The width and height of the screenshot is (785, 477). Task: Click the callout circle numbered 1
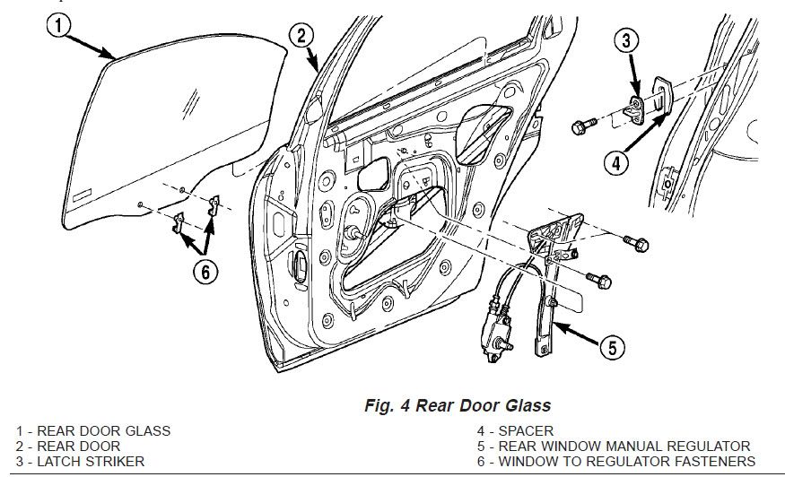tap(57, 28)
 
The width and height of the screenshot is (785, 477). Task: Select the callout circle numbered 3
tap(627, 39)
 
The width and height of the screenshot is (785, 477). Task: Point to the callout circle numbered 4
tap(614, 163)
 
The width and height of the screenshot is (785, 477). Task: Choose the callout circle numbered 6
tap(205, 272)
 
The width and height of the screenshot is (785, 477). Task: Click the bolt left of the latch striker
tap(580, 126)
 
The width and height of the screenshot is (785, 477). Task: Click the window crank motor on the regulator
tap(500, 334)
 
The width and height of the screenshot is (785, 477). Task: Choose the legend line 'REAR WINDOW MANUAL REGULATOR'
tap(625, 446)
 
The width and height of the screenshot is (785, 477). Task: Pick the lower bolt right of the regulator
tap(600, 280)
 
